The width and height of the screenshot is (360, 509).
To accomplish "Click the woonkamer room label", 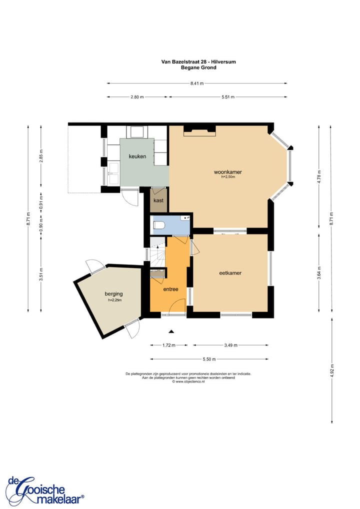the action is coord(227,172).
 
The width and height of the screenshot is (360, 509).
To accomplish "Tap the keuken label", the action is coord(137,156).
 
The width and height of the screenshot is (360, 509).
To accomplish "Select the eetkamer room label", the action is coord(230,273).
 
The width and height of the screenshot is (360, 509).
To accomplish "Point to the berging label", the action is coord(113,294).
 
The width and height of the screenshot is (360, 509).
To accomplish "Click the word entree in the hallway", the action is coord(170,289).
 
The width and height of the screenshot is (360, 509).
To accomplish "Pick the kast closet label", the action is coord(158,200).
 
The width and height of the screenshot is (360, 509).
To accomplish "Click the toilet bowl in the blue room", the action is coord(159,224).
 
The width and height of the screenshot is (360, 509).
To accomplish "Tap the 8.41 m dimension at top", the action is coord(197,83).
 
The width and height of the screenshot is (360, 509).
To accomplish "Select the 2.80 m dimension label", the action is coord(137,97).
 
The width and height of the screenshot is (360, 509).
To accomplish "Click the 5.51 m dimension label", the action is coord(228,97).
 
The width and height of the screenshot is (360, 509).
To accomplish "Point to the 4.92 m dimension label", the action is coord(332,370).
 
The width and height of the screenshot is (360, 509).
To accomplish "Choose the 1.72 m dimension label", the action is coord(169,345).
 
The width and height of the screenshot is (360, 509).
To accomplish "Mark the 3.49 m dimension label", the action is coord(231,345).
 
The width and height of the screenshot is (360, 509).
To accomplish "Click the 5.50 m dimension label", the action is coord(209,359).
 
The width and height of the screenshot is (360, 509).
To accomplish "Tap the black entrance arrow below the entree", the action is coord(171,331).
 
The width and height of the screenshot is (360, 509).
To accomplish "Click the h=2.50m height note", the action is coord(228,177).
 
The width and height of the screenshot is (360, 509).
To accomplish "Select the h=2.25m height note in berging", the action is coord(115,300).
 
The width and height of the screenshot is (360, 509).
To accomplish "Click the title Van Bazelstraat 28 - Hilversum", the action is coord(198,61).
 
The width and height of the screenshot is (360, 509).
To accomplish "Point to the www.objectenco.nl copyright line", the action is coord(188,382).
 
